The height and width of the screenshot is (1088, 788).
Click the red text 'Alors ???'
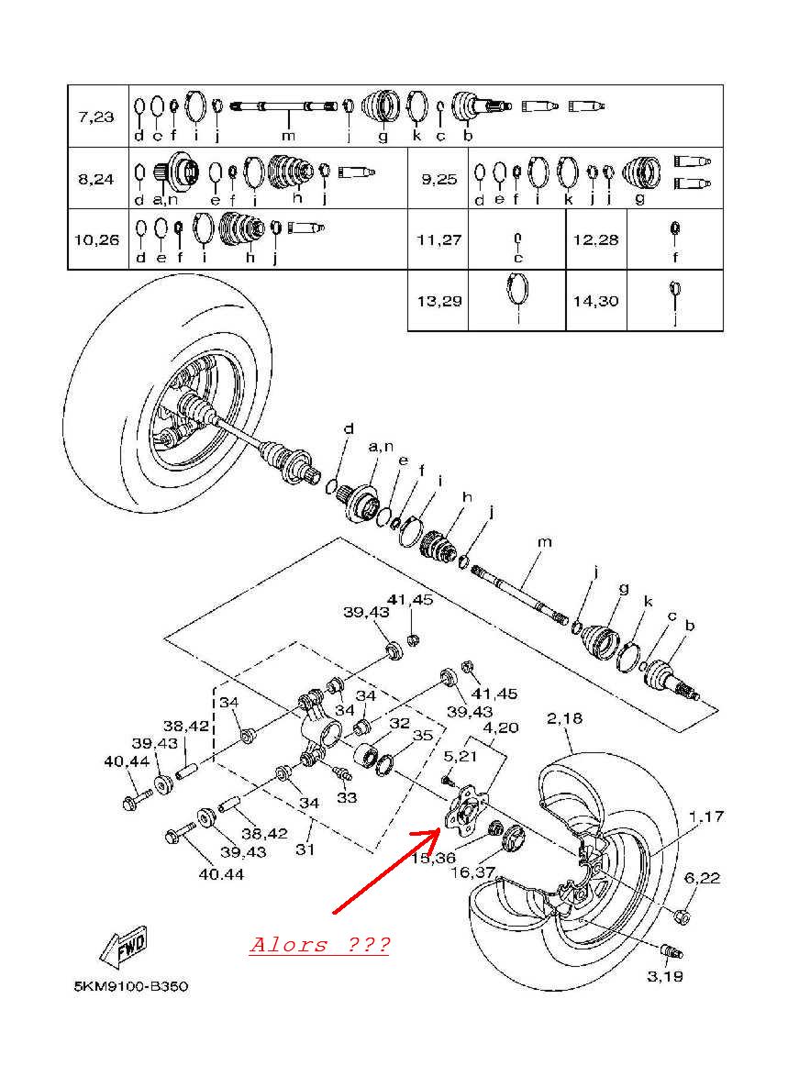pos(318,945)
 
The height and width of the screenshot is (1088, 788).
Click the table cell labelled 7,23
pos(96,117)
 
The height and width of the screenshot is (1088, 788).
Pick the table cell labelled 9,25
pos(438,179)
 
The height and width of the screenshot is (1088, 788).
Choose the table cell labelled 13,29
pos(438,301)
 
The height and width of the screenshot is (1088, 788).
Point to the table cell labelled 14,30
pos(596,301)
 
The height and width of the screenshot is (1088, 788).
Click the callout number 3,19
pos(664,976)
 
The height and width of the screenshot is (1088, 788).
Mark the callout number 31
pos(305,849)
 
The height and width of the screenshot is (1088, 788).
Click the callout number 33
pos(347,798)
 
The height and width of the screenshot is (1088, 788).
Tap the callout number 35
pos(422,735)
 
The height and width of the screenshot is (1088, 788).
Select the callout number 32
pos(398,723)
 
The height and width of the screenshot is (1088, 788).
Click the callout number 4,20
pos(502,727)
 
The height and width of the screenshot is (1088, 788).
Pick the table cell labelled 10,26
pos(96,240)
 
